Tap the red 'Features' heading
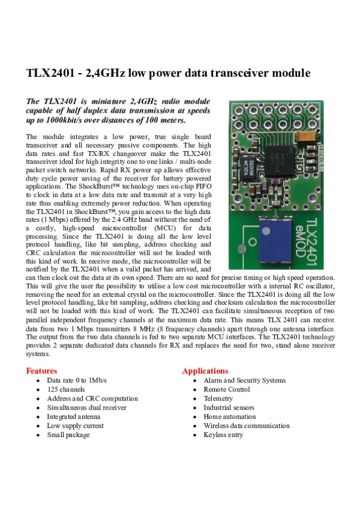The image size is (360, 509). tap(42, 371)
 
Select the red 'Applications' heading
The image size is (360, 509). tap(205, 371)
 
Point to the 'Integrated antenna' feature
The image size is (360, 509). tap(74, 417)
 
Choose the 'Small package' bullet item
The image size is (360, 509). tap(68, 435)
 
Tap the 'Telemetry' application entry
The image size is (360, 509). tap(218, 399)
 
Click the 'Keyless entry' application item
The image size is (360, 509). tap(223, 435)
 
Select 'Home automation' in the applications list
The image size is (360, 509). tap(229, 417)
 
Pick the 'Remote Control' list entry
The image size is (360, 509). tap(226, 390)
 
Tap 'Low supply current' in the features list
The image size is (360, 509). tap(75, 426)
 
